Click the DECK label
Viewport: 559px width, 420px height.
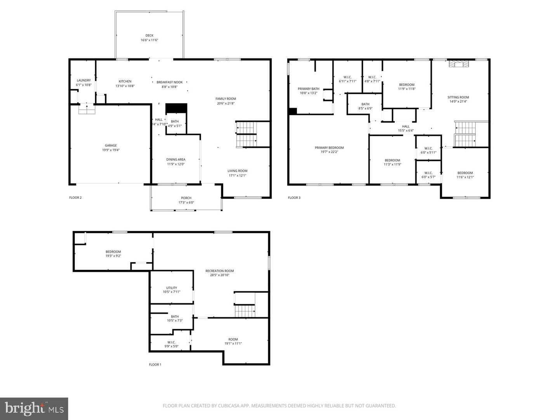click(149, 35)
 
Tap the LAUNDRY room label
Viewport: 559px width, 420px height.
click(84, 80)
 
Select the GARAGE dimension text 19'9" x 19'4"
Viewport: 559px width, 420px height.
click(111, 150)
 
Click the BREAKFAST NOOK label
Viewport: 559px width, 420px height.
click(170, 82)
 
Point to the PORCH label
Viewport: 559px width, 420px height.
click(186, 198)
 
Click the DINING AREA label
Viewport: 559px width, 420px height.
click(176, 159)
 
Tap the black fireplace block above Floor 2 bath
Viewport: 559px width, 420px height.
click(176, 108)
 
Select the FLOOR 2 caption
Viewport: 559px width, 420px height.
click(75, 198)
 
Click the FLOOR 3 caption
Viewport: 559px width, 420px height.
click(294, 198)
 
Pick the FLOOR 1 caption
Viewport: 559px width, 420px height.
click(155, 364)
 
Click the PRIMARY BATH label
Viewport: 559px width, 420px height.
click(309, 89)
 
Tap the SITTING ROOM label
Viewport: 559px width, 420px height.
click(458, 97)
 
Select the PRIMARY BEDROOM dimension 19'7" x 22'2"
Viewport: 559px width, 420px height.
click(329, 152)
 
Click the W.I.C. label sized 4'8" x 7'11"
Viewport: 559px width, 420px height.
click(372, 77)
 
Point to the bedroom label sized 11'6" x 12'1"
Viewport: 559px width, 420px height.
click(465, 173)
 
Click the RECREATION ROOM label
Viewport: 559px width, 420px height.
click(220, 271)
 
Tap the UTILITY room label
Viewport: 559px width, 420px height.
click(172, 288)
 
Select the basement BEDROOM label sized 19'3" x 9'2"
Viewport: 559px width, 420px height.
click(113, 252)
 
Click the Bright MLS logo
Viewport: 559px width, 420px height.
click(34, 408)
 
